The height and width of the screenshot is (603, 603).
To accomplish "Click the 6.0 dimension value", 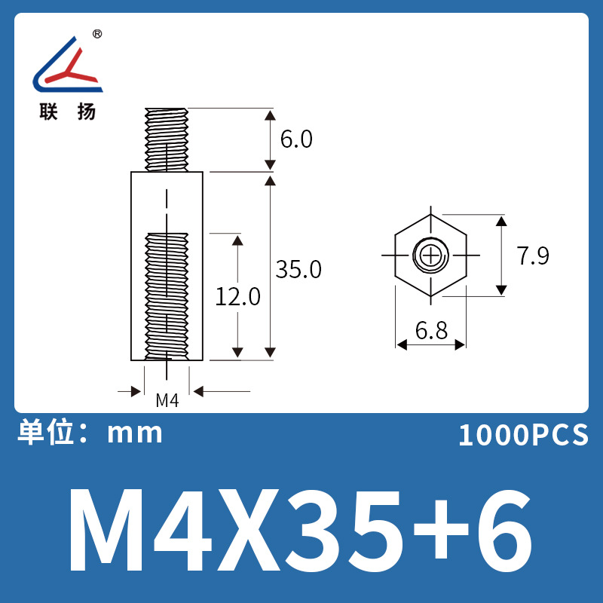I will point(296,140).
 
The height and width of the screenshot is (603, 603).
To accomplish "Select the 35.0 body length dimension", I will point(298,269).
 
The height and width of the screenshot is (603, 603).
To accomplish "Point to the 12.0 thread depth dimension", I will point(238,296).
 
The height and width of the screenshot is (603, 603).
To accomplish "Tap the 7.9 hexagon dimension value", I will point(533,256).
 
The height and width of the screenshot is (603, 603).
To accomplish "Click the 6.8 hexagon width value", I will point(430,330).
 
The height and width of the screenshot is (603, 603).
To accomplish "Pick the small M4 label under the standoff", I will point(167,401).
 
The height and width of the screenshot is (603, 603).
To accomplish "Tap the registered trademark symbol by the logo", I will point(97,35).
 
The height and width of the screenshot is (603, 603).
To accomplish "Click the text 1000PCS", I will point(522,435).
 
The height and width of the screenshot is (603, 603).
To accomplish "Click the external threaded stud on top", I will point(167,139).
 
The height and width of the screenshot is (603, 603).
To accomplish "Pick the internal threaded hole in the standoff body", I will point(167,294).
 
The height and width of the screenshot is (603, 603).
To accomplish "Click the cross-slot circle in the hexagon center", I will point(430,256).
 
